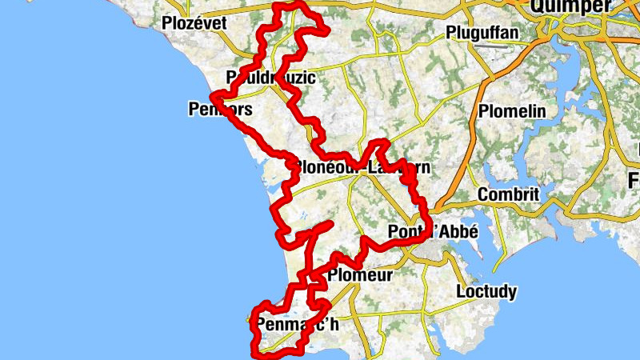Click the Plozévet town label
click(194, 23)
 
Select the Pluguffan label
click(483, 34)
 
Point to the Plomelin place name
click(511, 110)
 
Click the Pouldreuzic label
click(271, 78)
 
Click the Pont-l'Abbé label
click(432, 232)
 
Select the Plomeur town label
click(359, 275)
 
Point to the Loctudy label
click(486, 291)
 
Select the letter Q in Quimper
click(529, 7)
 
